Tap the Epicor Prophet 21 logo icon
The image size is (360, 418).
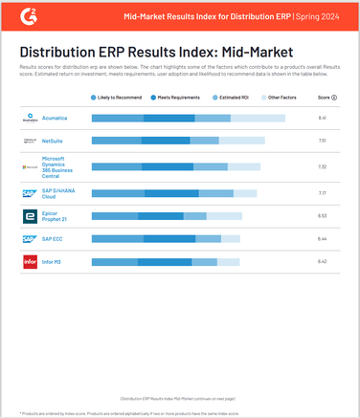click(30, 217)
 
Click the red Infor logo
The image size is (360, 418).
click(30, 261)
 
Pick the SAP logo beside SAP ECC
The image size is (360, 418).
click(30, 238)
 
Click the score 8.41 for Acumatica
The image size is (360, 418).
click(323, 118)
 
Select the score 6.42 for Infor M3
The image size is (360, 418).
click(323, 261)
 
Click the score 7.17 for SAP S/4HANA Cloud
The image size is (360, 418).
click(323, 193)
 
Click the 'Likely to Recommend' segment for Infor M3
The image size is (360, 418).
click(109, 261)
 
